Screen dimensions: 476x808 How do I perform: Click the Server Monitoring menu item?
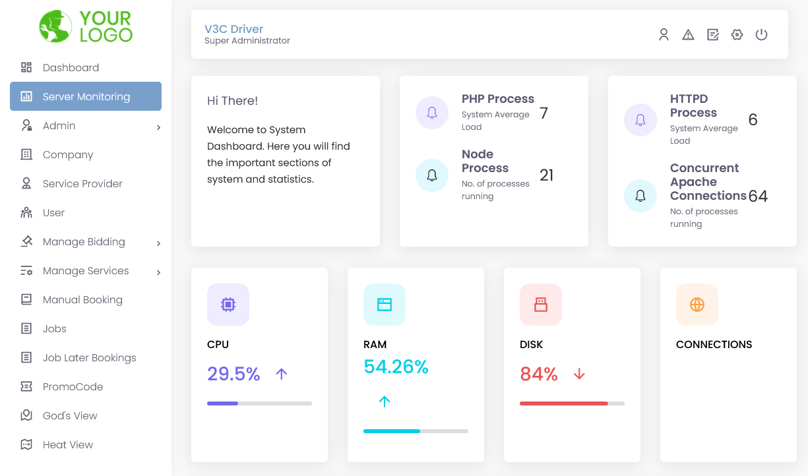[86, 96]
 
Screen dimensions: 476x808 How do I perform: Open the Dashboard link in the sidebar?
[71, 67]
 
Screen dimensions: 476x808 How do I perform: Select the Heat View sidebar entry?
[67, 444]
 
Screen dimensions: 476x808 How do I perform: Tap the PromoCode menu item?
[73, 386]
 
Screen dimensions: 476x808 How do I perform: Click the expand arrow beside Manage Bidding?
[158, 243]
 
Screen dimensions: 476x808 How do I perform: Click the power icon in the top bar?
[761, 35]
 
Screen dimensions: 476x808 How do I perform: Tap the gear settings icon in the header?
[737, 35]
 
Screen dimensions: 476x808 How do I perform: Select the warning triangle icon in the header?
[688, 35]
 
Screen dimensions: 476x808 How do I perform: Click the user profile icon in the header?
[664, 35]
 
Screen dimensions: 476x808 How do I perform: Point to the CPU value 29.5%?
[233, 374]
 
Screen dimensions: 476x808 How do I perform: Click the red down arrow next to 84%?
[579, 374]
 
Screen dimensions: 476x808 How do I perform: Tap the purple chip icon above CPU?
[228, 305]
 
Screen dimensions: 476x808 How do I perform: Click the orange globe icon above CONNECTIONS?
[697, 305]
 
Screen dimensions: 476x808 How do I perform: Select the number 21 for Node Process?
[546, 175]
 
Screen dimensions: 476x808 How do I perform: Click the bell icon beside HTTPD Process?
[640, 120]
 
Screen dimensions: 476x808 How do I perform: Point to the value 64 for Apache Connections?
[758, 196]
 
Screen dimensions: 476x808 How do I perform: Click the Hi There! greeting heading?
[232, 101]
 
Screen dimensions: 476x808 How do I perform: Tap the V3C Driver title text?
[233, 29]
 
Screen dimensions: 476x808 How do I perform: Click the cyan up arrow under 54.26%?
[385, 401]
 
